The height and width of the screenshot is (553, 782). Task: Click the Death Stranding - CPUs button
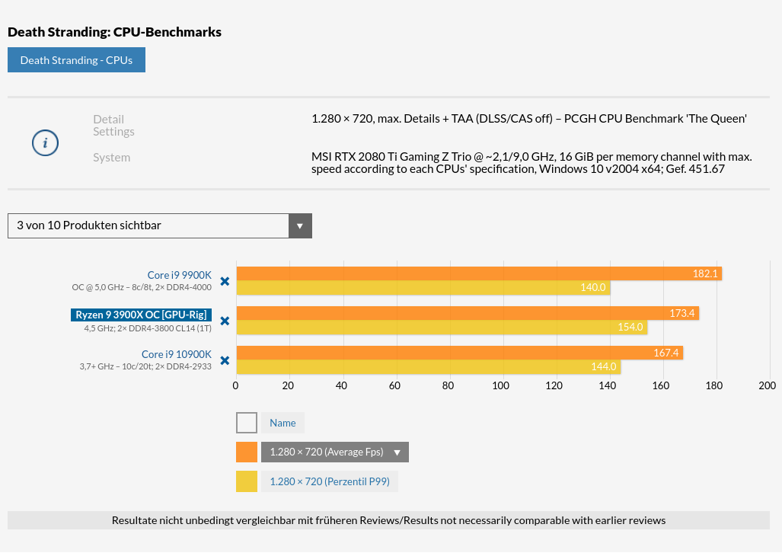(76, 60)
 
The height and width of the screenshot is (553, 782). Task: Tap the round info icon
(46, 142)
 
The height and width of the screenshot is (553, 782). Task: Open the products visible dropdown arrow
(300, 225)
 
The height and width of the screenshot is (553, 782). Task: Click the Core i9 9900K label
(180, 275)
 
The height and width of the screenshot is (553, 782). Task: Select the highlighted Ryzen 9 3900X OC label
(141, 315)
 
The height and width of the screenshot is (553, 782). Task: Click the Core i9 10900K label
(177, 354)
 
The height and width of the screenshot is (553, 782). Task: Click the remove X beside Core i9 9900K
(225, 281)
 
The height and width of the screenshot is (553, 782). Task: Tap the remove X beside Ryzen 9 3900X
(225, 321)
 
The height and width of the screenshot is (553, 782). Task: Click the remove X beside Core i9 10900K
(225, 360)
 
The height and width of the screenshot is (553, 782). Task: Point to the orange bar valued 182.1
(478, 273)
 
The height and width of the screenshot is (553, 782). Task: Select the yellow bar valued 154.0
(442, 328)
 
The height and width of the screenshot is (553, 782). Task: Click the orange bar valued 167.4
(459, 353)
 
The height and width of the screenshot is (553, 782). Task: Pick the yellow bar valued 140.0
(423, 288)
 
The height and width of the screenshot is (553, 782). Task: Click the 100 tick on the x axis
(501, 385)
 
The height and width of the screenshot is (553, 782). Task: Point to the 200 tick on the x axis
(767, 385)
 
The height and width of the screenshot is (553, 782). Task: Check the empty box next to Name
(247, 423)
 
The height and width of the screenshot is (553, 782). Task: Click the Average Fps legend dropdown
(335, 452)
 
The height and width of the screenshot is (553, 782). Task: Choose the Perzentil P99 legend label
(330, 481)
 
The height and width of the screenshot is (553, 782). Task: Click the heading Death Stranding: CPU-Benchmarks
(114, 32)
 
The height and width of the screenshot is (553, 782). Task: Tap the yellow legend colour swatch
(247, 481)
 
